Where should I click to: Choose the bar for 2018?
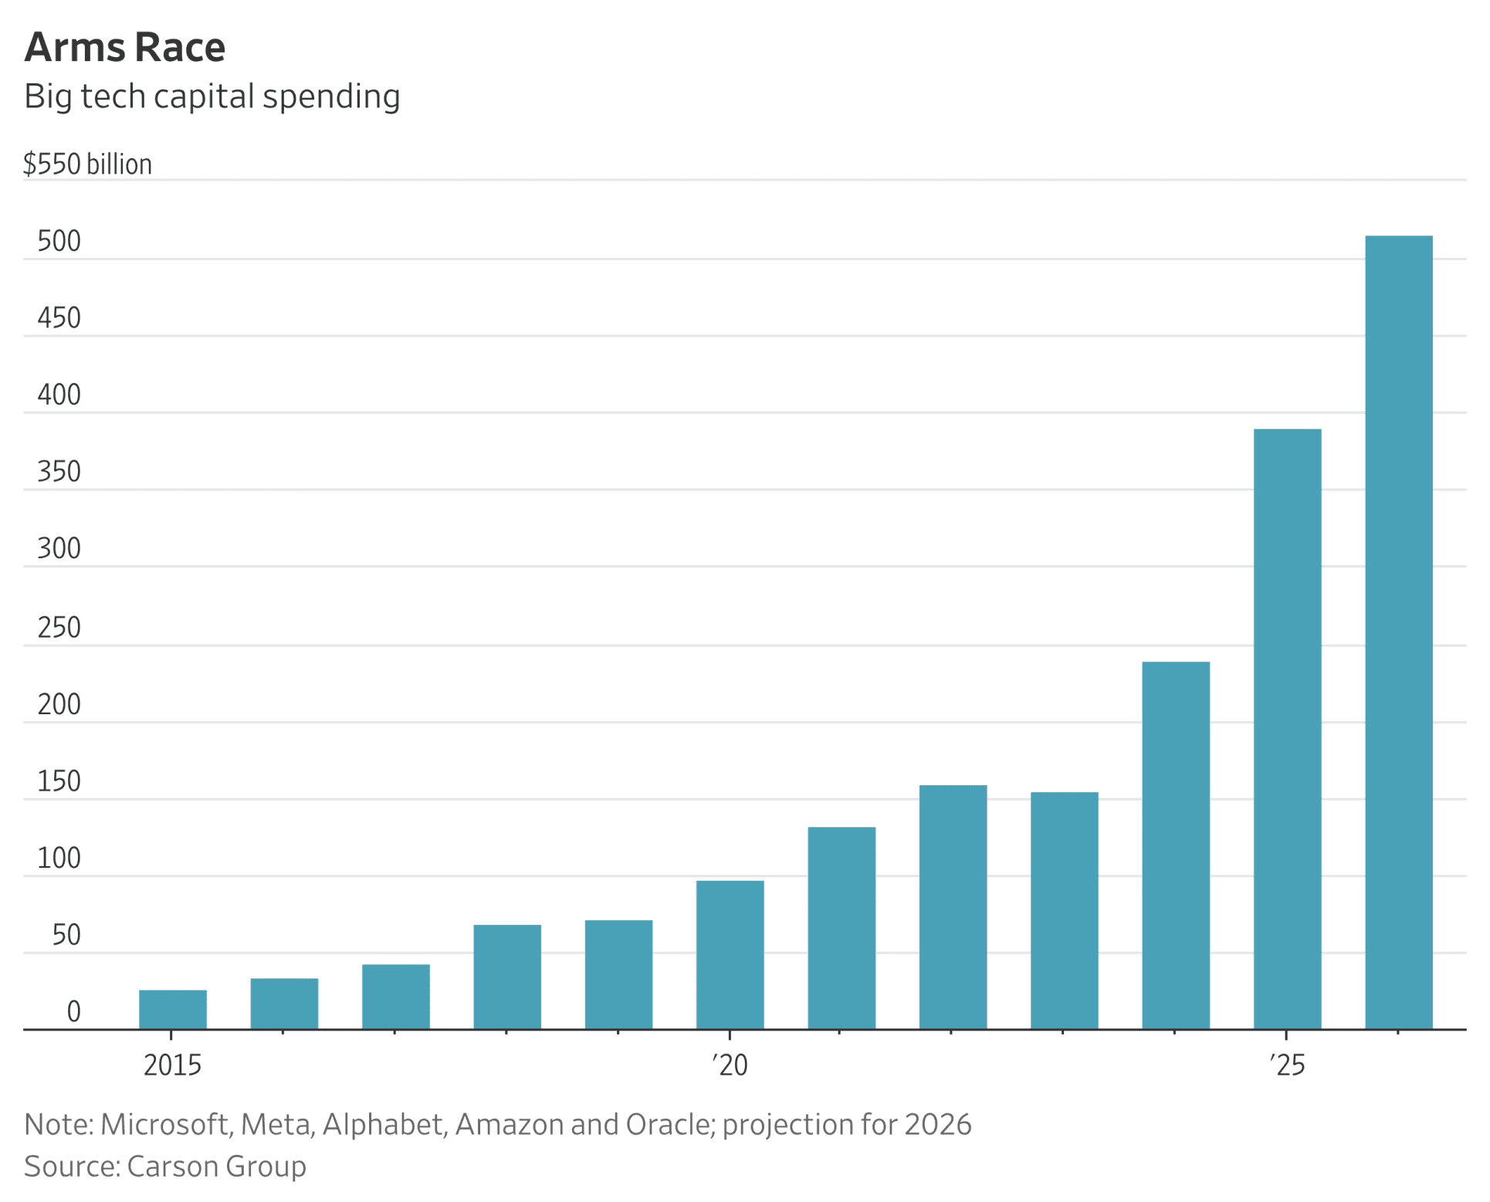[507, 977]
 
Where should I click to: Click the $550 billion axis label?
[87, 164]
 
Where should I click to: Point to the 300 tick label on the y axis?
[59, 549]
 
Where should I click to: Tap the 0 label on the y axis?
[73, 1011]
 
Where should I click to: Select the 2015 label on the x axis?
[172, 1065]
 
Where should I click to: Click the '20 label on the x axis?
[730, 1065]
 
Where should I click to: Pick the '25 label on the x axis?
[1287, 1065]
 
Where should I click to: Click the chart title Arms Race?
[125, 47]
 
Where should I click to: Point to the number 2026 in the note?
[937, 1125]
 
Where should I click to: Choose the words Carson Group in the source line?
[216, 1166]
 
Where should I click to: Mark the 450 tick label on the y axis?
[59, 318]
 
